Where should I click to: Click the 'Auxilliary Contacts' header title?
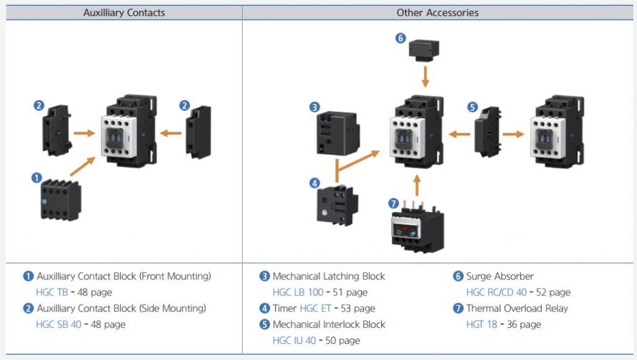(124, 12)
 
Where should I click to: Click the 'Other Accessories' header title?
(438, 12)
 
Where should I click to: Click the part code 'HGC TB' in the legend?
(52, 292)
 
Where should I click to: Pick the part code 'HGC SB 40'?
(58, 324)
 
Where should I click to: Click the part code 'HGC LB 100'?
(298, 292)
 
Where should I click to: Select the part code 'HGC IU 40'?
(294, 340)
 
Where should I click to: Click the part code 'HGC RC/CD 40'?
(496, 292)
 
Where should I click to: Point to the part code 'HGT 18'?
(481, 324)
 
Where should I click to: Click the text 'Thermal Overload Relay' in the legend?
(517, 308)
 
